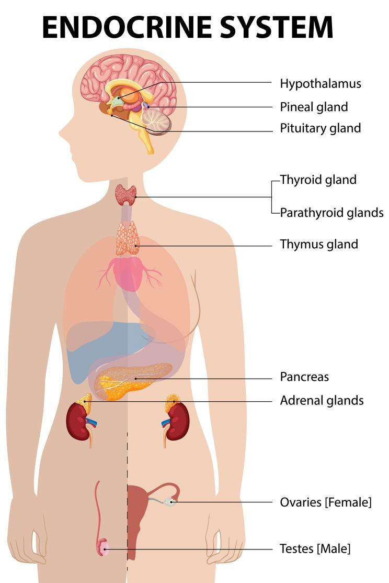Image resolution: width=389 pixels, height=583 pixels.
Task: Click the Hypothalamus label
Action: [x=320, y=83]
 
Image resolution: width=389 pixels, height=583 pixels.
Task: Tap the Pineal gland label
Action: [x=314, y=107]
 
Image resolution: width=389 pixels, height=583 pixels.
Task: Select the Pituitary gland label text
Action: [x=320, y=128]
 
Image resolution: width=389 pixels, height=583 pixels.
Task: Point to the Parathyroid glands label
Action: [x=331, y=213]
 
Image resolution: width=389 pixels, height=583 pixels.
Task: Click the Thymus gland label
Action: [x=319, y=244]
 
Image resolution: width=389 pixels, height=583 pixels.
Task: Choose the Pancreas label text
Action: [x=304, y=377]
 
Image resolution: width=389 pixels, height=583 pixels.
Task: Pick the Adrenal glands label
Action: [x=322, y=401]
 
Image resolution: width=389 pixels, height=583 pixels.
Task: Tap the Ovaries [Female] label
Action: [x=326, y=502]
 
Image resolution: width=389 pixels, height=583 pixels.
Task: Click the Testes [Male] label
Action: [x=315, y=549]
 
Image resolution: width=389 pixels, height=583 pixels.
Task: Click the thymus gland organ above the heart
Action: [x=128, y=239]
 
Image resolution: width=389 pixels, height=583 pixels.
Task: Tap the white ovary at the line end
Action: [x=169, y=502]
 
